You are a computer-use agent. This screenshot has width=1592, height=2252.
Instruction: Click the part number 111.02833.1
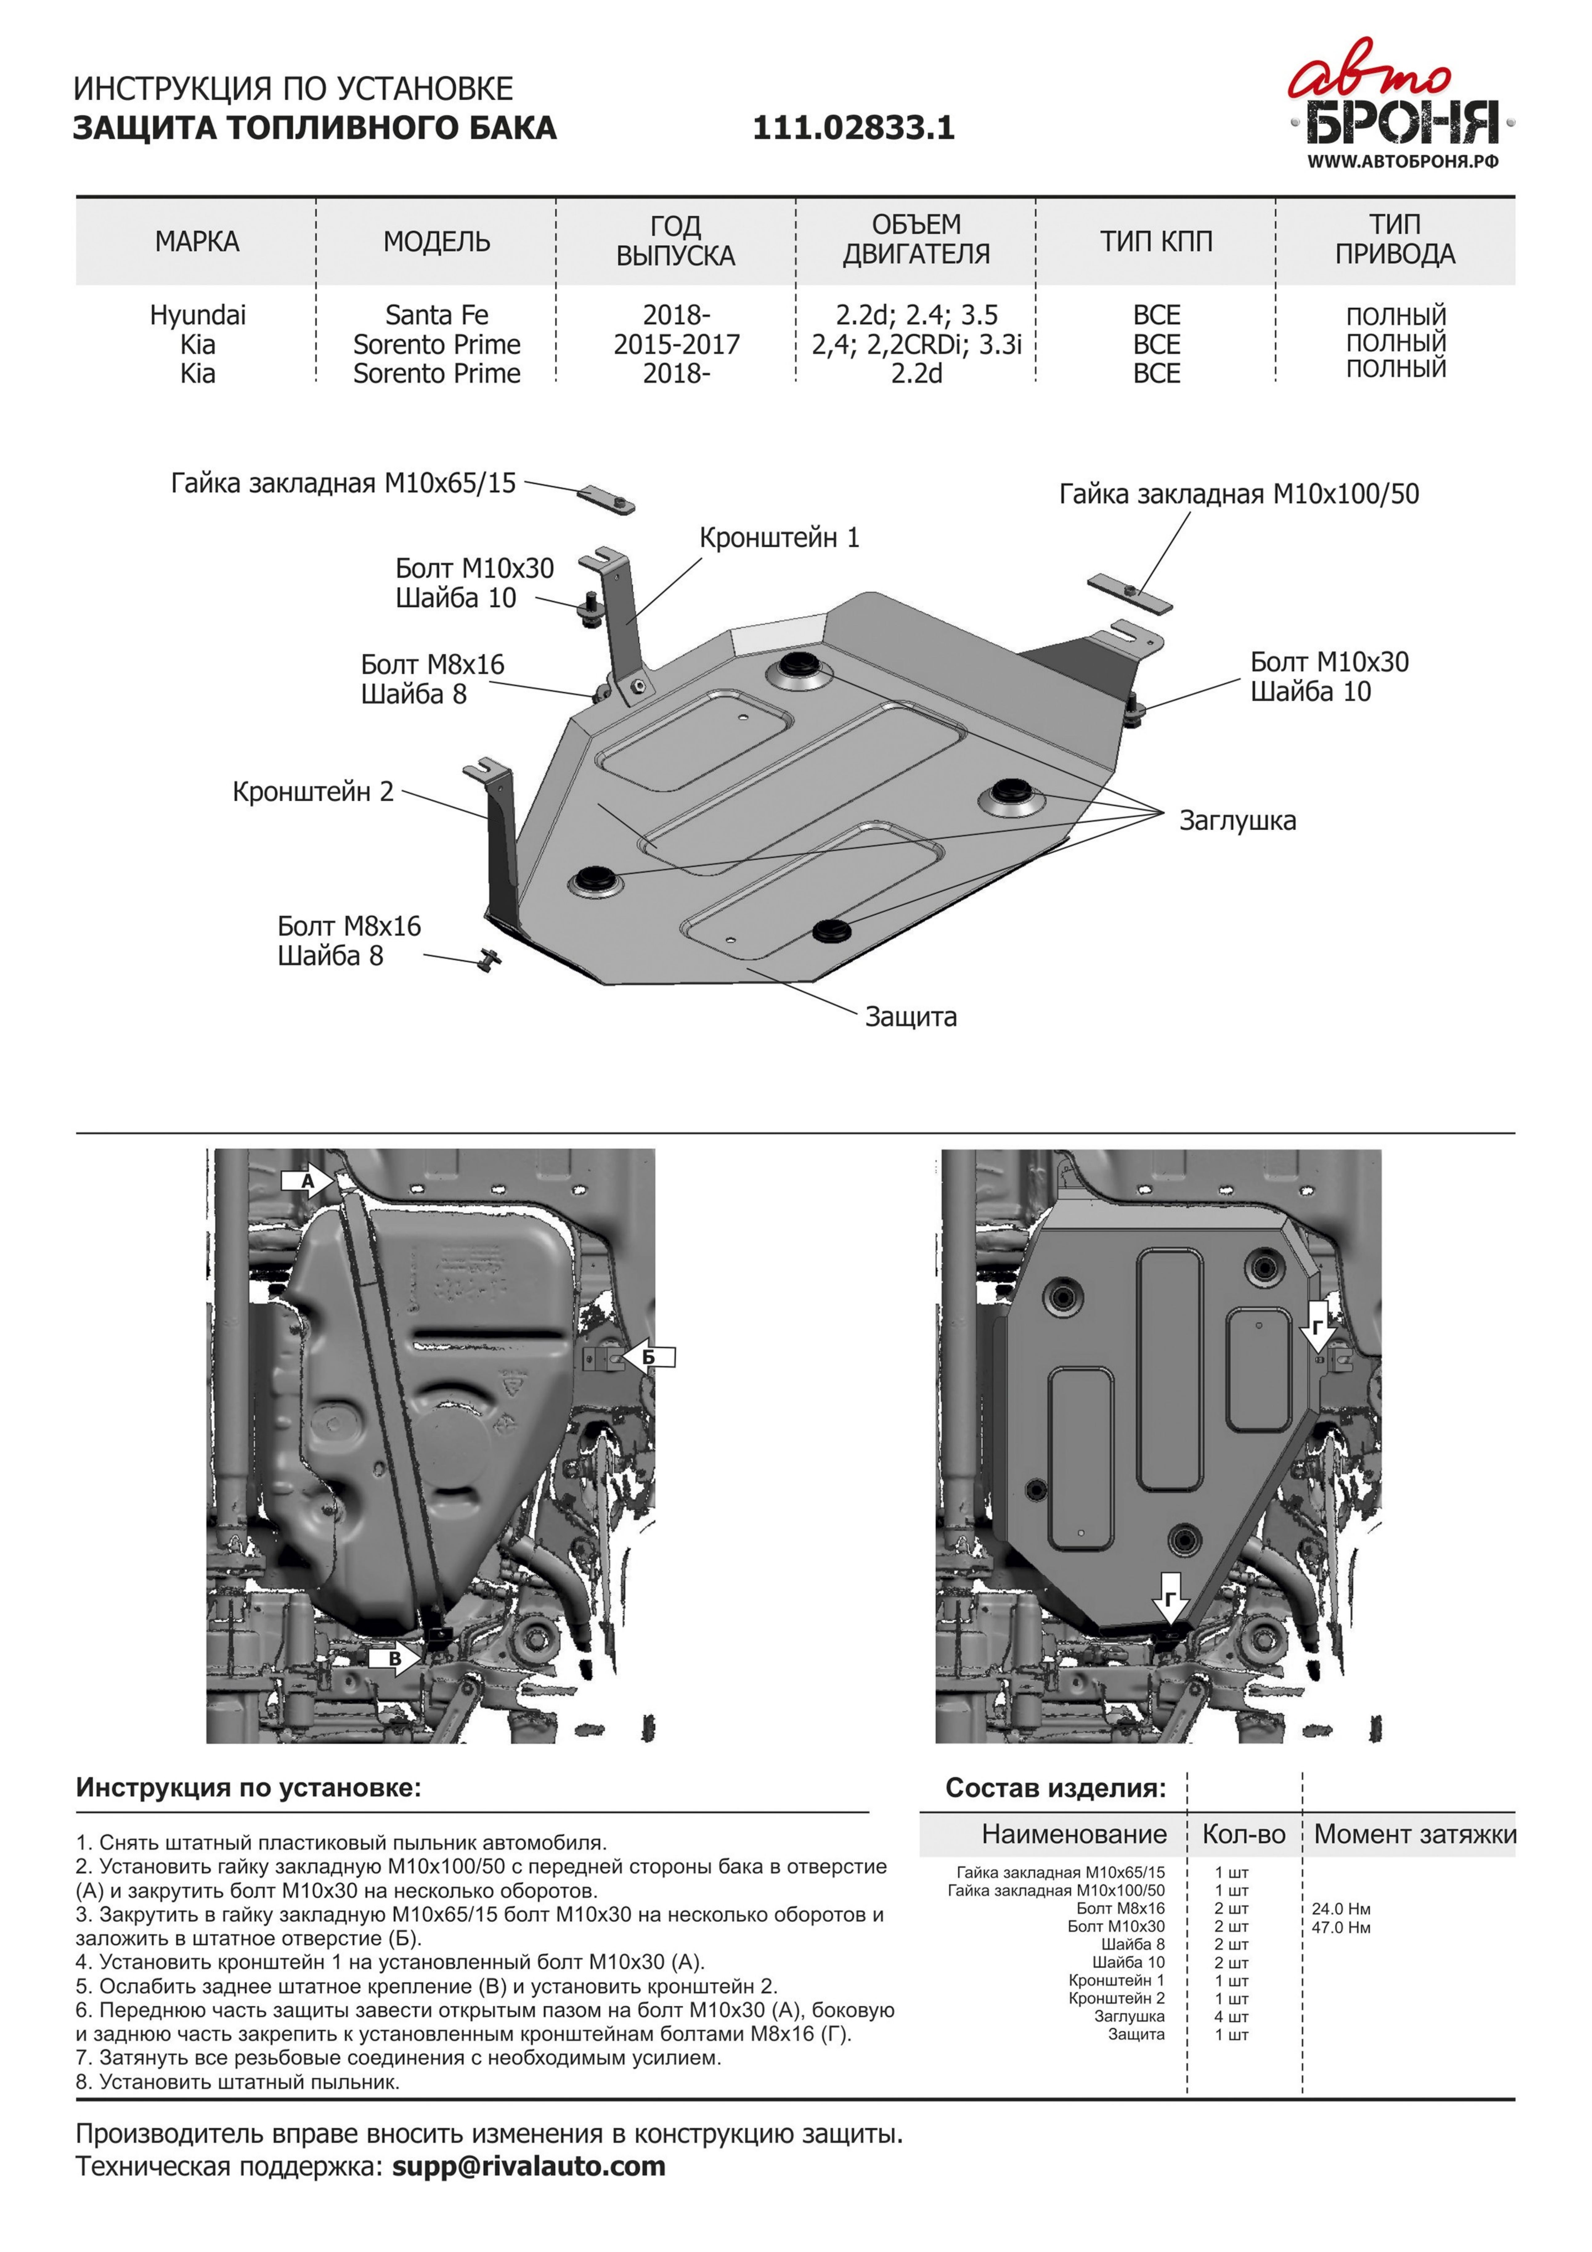[x=853, y=128]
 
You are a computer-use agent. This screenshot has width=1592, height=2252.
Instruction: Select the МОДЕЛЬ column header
[x=437, y=241]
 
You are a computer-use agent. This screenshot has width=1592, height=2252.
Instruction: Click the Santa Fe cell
[x=437, y=315]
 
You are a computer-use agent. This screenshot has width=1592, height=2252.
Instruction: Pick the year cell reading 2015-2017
[x=676, y=344]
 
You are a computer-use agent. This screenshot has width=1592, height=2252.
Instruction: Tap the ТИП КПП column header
[x=1155, y=241]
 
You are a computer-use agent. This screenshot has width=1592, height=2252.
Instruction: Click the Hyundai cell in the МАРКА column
[x=197, y=315]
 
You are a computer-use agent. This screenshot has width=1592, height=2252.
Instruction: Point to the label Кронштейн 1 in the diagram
[x=779, y=537]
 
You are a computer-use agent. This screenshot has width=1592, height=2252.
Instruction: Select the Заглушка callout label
[x=1237, y=820]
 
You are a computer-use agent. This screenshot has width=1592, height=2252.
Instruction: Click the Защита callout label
[x=910, y=1016]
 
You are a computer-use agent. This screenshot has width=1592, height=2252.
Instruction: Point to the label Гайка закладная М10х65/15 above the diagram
[x=343, y=483]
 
